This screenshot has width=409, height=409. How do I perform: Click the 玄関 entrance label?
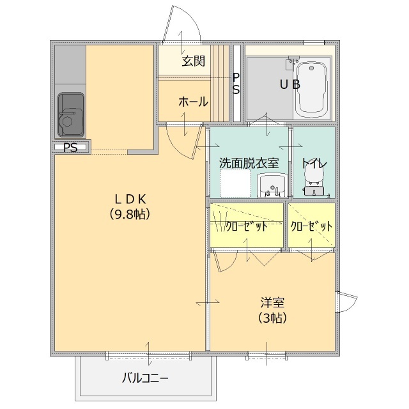193,61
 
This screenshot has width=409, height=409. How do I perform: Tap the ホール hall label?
193,102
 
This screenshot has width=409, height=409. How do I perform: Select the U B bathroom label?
289,84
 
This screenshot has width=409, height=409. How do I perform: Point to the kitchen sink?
71,114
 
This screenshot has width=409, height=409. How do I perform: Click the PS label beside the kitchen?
70,148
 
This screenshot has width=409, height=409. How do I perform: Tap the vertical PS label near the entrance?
236,84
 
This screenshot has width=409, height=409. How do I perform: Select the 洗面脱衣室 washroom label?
249,163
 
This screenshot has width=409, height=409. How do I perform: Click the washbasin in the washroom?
272,185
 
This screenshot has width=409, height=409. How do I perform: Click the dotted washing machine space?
235,183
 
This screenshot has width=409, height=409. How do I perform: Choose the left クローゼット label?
247,226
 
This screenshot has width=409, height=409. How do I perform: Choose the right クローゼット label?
311,226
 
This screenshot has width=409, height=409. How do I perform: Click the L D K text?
130,199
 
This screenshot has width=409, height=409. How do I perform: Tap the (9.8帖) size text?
130,215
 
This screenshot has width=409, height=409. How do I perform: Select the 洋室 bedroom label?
272,302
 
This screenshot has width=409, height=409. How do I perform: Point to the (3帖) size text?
272,318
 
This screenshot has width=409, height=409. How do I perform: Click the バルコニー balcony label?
145,378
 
